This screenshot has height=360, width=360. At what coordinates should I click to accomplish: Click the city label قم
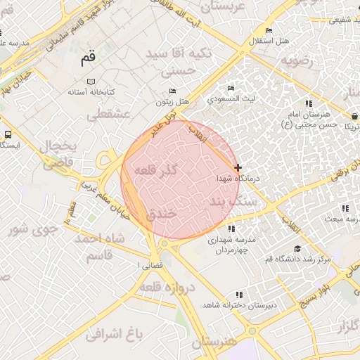click(x=87, y=59)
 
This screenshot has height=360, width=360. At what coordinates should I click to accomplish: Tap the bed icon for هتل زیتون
click(x=173, y=91)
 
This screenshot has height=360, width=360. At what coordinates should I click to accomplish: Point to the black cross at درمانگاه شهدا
click(x=238, y=167)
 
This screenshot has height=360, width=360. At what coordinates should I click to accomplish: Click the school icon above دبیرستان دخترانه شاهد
click(x=239, y=295)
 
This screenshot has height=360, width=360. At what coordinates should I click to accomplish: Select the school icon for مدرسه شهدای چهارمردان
click(x=231, y=229)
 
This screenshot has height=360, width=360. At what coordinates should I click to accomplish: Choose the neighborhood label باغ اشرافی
click(x=117, y=333)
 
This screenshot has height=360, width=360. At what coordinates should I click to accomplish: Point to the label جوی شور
click(x=30, y=229)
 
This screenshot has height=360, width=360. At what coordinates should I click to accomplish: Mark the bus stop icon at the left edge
click(x=7, y=134)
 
